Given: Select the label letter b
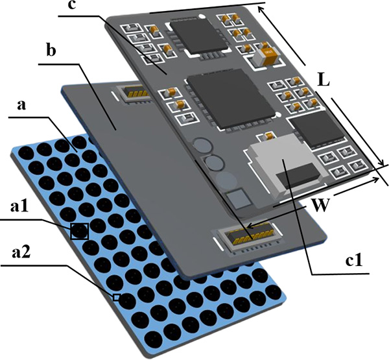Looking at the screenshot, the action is pos(51,50).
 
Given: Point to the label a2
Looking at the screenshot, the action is pos(21,252).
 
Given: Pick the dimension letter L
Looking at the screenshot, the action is pos(324,79).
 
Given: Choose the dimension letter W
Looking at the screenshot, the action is pos(320,205).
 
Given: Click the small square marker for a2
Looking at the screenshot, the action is pos(116,297).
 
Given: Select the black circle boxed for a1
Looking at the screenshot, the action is pos(79,231).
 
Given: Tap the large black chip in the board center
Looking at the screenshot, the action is pos(231,99).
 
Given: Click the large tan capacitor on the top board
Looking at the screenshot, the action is pos(265,56).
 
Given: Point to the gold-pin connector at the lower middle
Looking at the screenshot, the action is pos(250,237).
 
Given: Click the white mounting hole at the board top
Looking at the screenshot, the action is pos(203,17).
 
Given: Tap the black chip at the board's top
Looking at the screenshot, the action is pos(199,35).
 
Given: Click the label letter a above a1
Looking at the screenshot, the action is pos(21,105).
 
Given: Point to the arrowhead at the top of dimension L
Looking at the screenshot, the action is pos(261,10).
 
